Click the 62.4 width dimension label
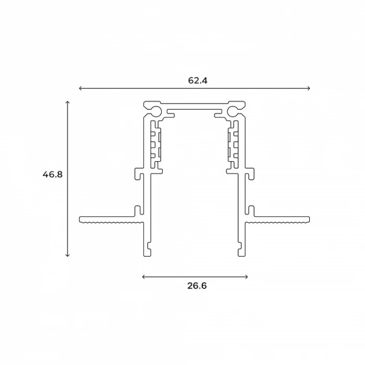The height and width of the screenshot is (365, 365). click(x=194, y=80)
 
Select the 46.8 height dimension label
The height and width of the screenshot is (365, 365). click(x=53, y=175)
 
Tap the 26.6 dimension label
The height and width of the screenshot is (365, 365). click(x=194, y=285)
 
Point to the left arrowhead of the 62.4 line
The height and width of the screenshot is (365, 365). click(x=80, y=88)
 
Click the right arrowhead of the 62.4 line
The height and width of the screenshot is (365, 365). click(x=309, y=88)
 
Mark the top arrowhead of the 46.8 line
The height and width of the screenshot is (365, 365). click(x=67, y=103)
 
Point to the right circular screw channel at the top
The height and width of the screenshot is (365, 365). click(x=232, y=111)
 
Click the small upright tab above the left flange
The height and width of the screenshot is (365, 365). click(x=138, y=210)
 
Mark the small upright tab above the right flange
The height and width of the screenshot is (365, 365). click(x=251, y=210)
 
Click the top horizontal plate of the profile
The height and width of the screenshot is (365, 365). click(x=194, y=104)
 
